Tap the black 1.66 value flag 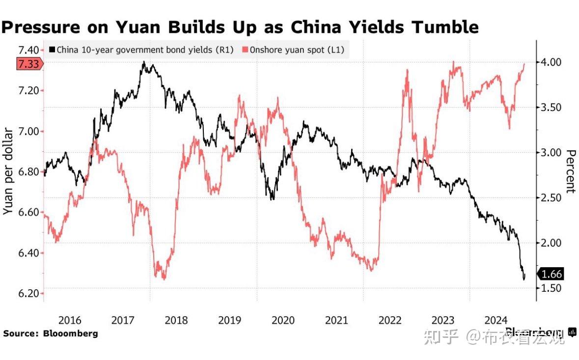pos(552,274)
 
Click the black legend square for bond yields pos(52,50)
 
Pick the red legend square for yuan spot pos(245,50)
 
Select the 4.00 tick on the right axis pos(552,62)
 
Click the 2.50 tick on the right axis pos(552,197)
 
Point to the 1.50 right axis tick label pos(552,288)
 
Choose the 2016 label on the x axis pos(70,320)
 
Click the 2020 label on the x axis pos(283,320)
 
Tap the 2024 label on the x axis pos(496,320)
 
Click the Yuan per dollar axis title pos(8,170)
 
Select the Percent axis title pos(571,171)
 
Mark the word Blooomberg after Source pos(70,333)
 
